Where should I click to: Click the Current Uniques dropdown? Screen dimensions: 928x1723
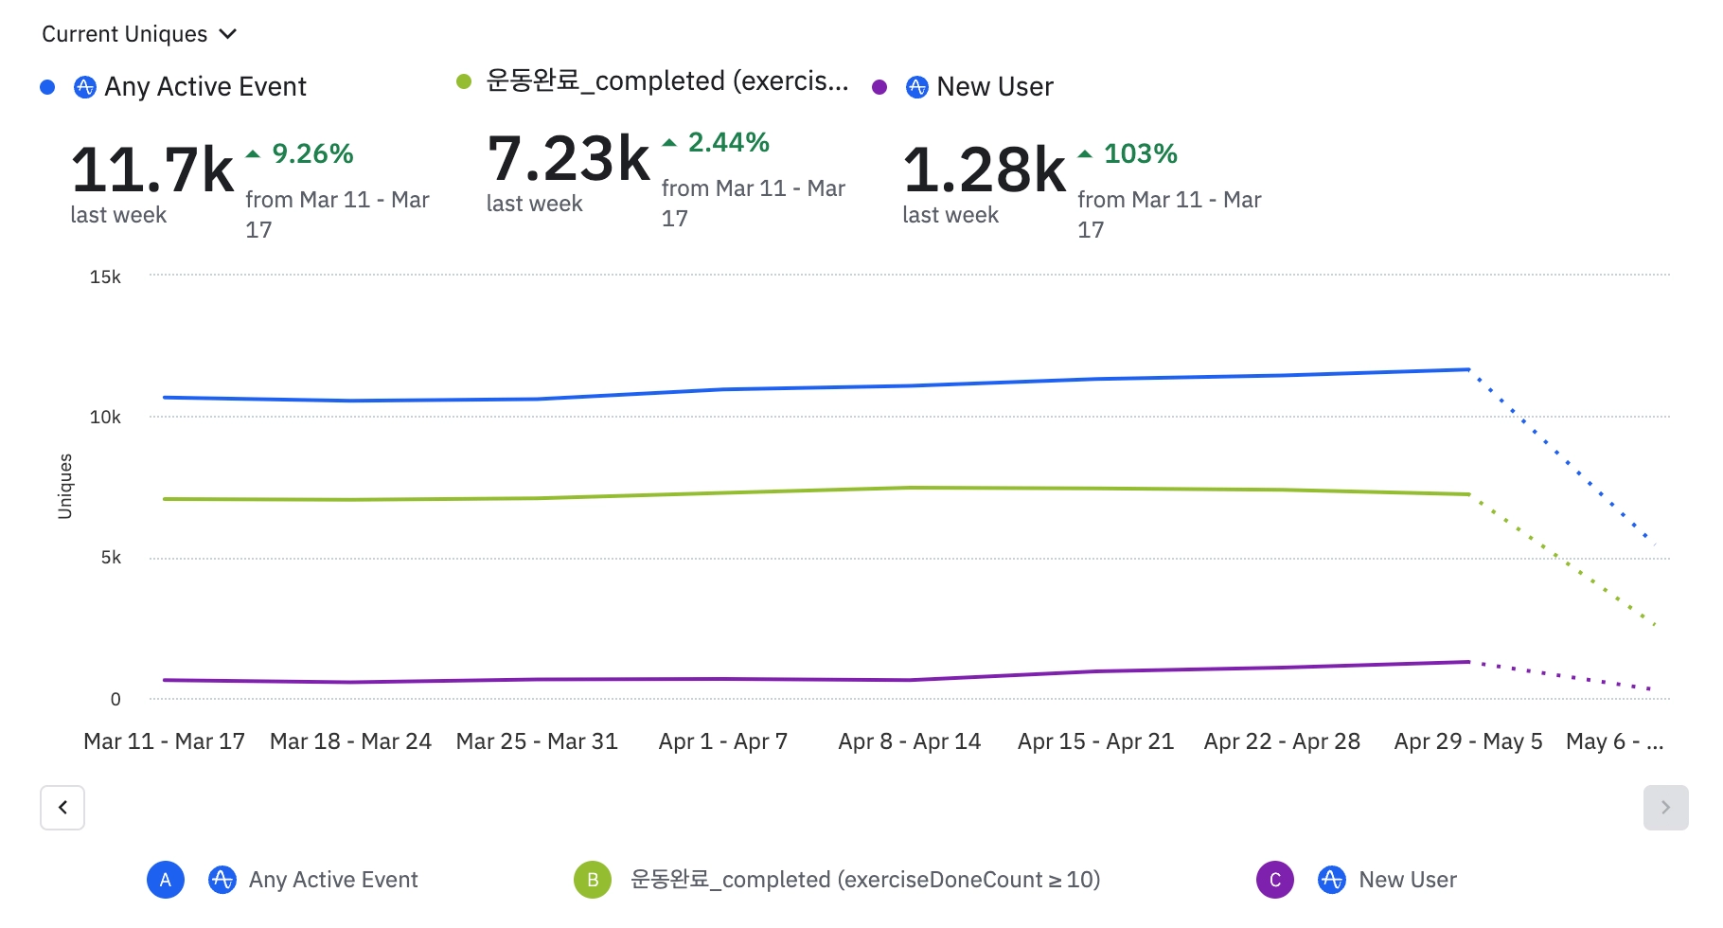point(138,34)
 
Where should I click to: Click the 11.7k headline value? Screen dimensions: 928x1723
point(151,170)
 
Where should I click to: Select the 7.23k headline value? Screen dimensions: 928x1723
point(568,159)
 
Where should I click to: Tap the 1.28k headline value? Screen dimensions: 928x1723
point(985,170)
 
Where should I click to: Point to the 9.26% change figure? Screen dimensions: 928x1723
point(312,153)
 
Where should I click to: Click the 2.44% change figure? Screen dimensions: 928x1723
point(728,142)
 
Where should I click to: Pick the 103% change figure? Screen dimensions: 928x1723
point(1140,153)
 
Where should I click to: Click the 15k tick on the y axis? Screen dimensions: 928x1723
point(105,277)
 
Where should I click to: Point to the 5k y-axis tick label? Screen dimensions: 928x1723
point(111,558)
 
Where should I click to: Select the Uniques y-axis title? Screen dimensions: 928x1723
point(65,486)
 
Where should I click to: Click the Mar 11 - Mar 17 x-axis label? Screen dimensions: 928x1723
point(164,741)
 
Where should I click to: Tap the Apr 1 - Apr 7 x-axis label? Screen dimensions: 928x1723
point(723,741)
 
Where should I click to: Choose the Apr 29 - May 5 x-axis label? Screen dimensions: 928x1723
point(1467,741)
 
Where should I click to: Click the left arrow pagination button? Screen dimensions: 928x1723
point(62,808)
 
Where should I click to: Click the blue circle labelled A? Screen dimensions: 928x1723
point(166,880)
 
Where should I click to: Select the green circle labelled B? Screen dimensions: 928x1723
point(593,880)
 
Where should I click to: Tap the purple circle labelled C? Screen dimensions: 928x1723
point(1274,880)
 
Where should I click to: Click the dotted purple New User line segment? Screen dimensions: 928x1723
point(1562,675)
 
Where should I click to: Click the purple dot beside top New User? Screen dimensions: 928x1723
point(879,87)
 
